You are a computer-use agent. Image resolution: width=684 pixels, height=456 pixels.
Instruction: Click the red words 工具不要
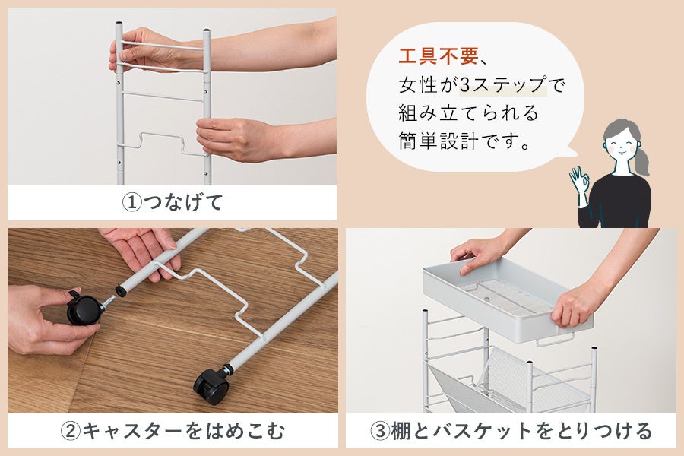click(x=438, y=57)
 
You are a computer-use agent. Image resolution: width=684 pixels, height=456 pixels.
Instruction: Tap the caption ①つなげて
click(x=173, y=202)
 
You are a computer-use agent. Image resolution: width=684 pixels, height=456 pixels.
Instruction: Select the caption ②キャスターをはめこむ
click(x=173, y=431)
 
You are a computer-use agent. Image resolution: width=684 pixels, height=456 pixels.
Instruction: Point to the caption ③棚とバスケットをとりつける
click(x=511, y=431)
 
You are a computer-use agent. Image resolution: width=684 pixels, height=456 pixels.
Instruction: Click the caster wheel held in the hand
click(x=84, y=309)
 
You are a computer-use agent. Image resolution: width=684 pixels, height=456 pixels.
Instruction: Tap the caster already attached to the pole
click(x=211, y=386)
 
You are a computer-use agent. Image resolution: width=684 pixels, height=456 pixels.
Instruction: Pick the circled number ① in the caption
click(x=131, y=203)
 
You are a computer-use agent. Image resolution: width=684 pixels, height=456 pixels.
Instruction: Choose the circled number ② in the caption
click(x=70, y=431)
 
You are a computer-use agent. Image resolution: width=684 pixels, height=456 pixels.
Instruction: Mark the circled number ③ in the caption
click(x=380, y=431)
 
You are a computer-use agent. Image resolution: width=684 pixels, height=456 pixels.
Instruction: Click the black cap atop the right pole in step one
click(x=207, y=31)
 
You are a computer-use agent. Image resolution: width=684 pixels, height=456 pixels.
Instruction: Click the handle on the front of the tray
click(x=555, y=339)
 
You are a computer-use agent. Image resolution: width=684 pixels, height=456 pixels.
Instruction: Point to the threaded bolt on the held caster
click(x=108, y=302)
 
